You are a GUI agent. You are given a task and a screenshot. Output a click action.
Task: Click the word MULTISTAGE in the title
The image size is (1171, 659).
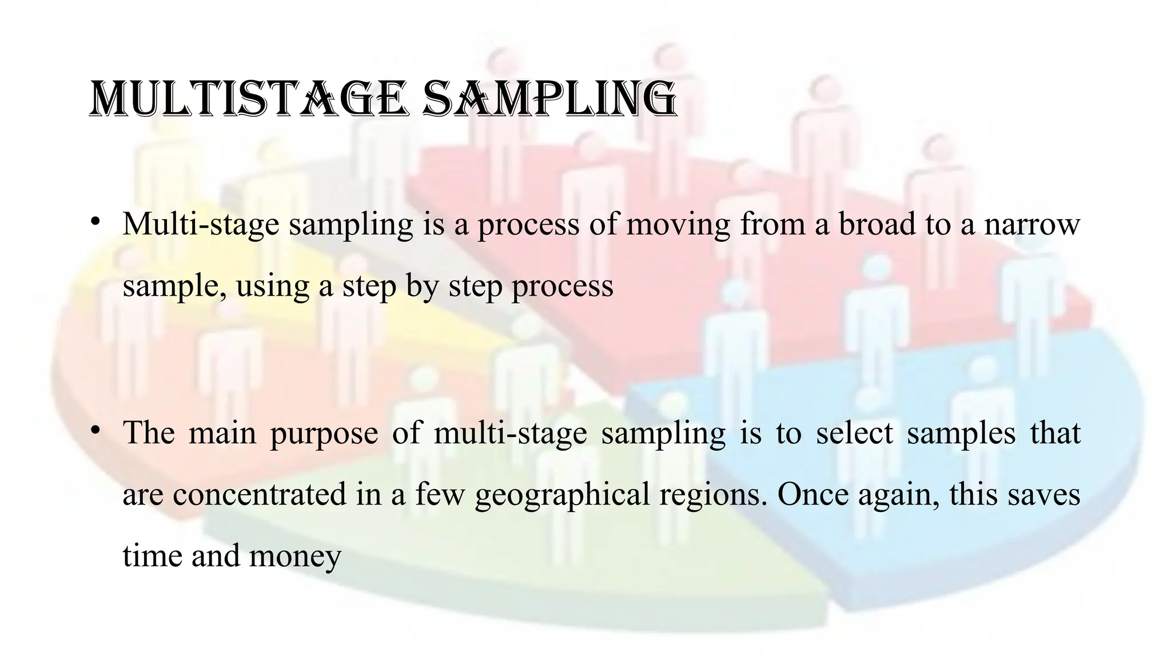click(x=249, y=101)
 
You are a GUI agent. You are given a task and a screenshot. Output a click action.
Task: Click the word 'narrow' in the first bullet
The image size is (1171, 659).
click(x=1032, y=224)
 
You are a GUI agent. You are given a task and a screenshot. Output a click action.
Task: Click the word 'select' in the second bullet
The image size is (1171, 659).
click(x=854, y=432)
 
